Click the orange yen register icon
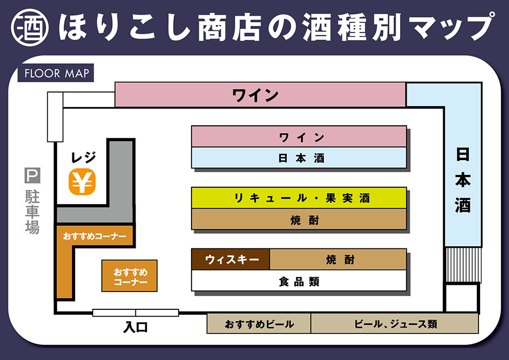pyautogui.click(x=82, y=182)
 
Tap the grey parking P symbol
pyautogui.click(x=32, y=176)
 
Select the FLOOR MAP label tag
pyautogui.click(x=56, y=73)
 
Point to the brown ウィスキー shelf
pyautogui.click(x=231, y=259)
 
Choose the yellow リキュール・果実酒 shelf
pyautogui.click(x=299, y=198)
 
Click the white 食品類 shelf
pyautogui.click(x=299, y=281)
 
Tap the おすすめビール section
pyautogui.click(x=259, y=324)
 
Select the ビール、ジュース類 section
pyautogui.click(x=395, y=324)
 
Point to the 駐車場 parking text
pyautogui.click(x=32, y=212)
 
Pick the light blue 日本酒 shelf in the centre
pyautogui.click(x=299, y=158)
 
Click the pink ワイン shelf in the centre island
pyautogui.click(x=299, y=136)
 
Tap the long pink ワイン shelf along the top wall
pyautogui.click(x=260, y=95)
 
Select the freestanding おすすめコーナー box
pyautogui.click(x=130, y=276)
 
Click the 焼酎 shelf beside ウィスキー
pyautogui.click(x=338, y=259)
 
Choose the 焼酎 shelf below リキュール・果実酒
pyautogui.click(x=299, y=219)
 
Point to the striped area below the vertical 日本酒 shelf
pyautogui.click(x=463, y=265)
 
